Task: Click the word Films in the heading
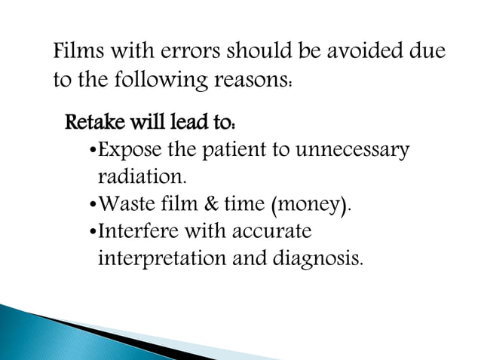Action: [78, 55]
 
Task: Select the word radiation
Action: [141, 177]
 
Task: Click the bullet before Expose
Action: [92, 149]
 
